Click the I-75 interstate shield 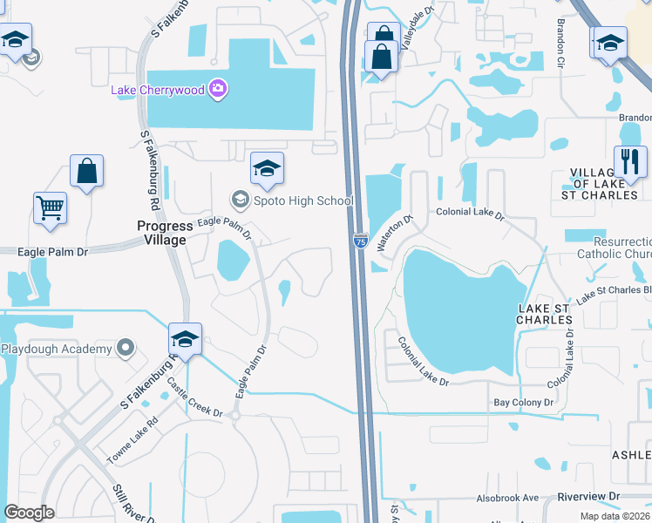(x=360, y=240)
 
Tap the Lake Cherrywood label (x=159, y=89)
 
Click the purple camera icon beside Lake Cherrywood (x=217, y=88)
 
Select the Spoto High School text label (x=303, y=201)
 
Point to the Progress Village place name (x=164, y=233)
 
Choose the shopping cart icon (x=51, y=208)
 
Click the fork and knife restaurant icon (x=629, y=160)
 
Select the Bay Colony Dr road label (x=524, y=403)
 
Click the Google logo (x=30, y=513)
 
